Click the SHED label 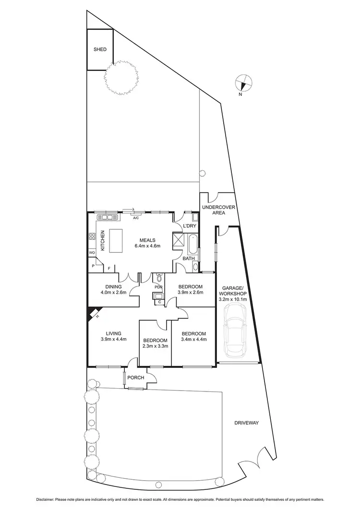click(x=100, y=49)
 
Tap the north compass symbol click(x=244, y=83)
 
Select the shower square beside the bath click(x=178, y=239)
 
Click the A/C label click(x=136, y=218)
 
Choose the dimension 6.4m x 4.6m click(x=146, y=246)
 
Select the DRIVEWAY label click(x=247, y=423)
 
